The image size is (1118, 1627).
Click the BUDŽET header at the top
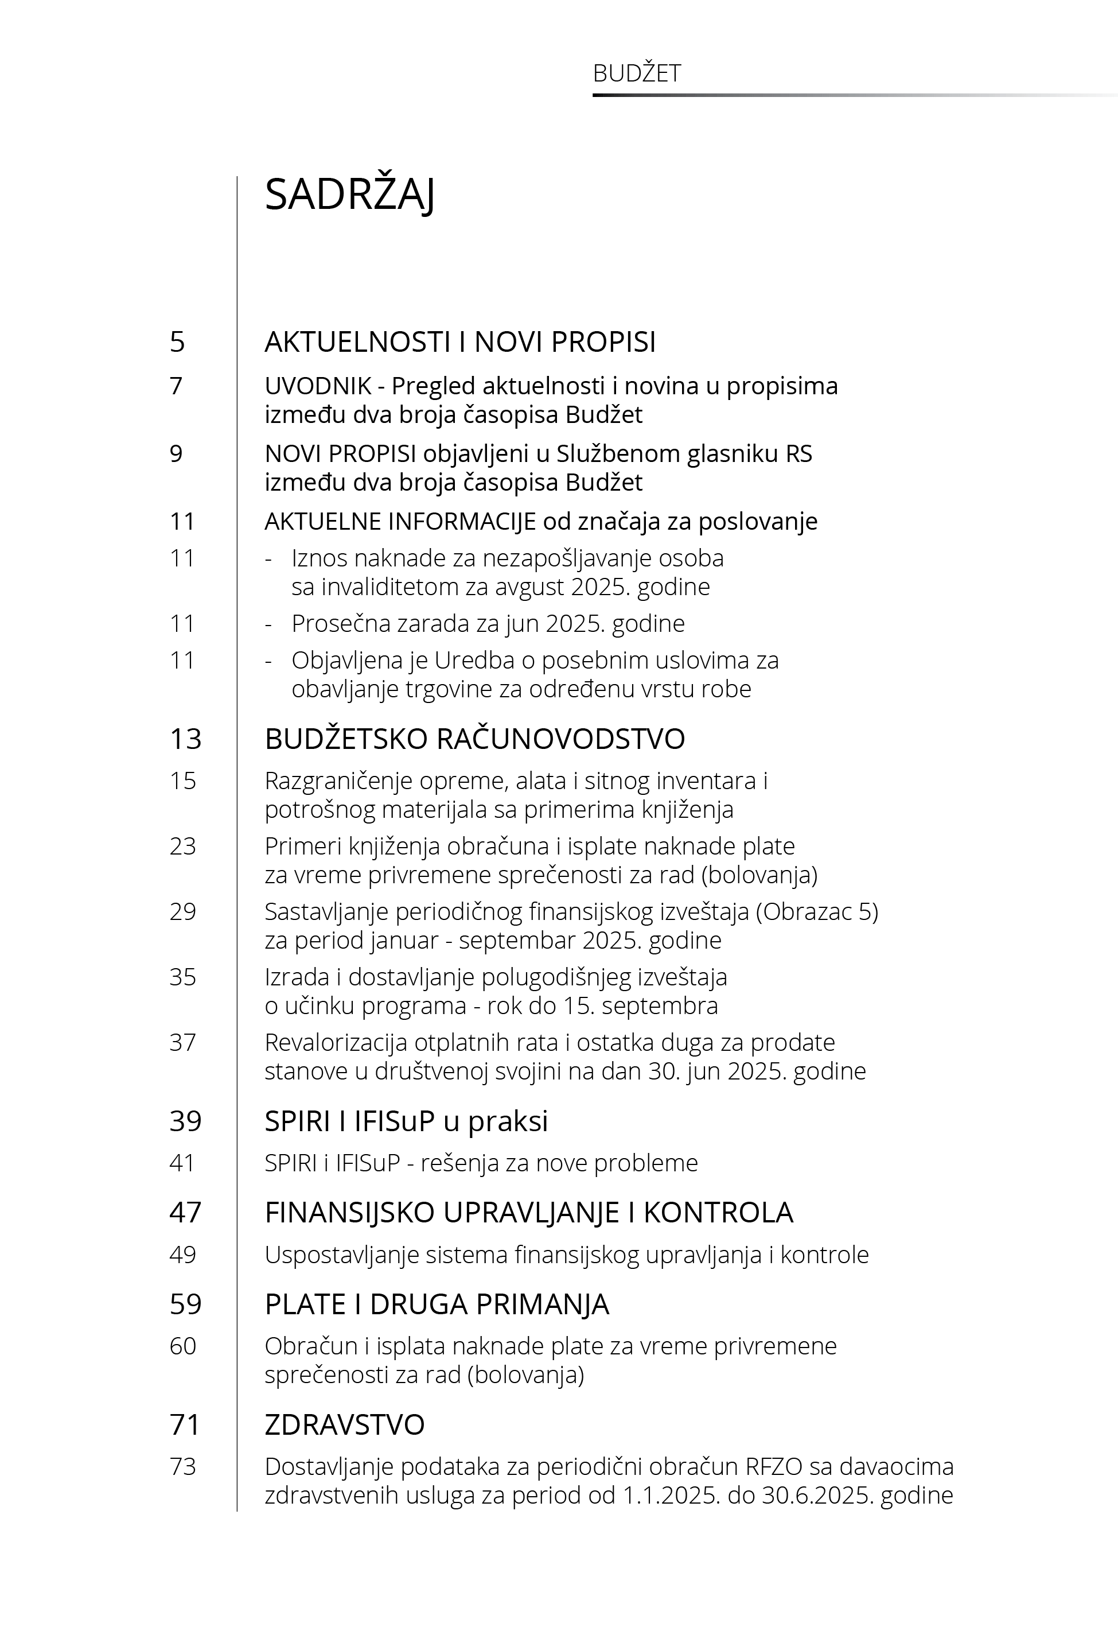coord(636,73)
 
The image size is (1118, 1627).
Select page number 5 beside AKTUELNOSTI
coord(177,342)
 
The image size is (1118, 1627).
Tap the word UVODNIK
coord(318,386)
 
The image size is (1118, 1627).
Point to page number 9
coord(177,454)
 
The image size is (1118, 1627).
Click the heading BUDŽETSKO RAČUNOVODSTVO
coord(474,739)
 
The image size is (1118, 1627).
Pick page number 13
coord(185,739)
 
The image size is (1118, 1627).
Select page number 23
coord(183,846)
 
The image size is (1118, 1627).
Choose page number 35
coord(183,977)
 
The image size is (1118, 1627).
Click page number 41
coord(182,1163)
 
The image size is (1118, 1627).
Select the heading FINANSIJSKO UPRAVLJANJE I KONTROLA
coord(528,1213)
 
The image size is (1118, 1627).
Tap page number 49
coord(183,1255)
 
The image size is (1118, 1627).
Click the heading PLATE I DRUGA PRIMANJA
coord(437,1304)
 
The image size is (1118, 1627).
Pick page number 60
coord(183,1346)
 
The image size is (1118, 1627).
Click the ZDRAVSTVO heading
coord(344,1425)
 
